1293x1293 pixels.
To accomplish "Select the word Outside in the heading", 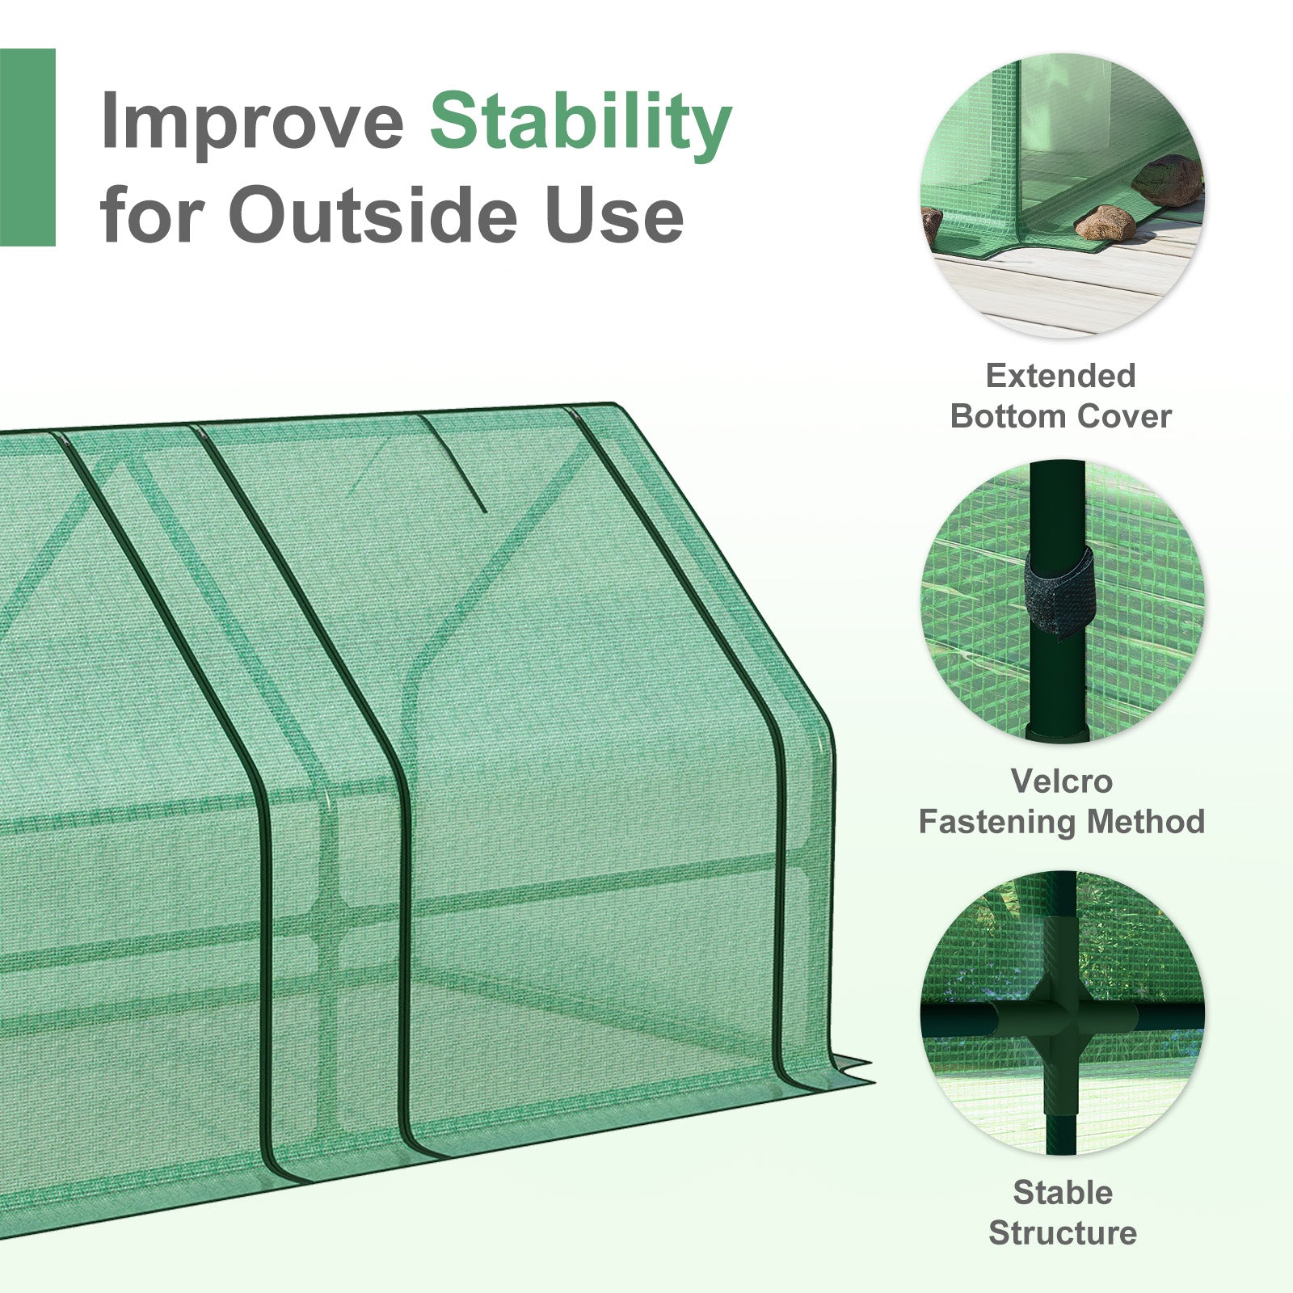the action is tap(372, 215).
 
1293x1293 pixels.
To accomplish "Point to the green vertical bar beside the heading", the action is tap(27, 147).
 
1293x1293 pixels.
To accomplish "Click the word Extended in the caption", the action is tap(1061, 376).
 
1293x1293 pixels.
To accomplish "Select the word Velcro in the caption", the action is tap(1062, 781).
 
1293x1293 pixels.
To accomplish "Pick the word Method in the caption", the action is tap(1146, 822).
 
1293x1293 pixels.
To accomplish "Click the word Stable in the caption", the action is tap(1063, 1193).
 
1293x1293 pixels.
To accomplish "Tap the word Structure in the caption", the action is tap(1063, 1233).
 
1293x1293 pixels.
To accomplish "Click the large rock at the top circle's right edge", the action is tap(1169, 180).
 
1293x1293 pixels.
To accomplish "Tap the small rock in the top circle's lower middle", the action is tap(1105, 222).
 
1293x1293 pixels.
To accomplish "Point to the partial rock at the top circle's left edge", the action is tap(931, 225).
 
